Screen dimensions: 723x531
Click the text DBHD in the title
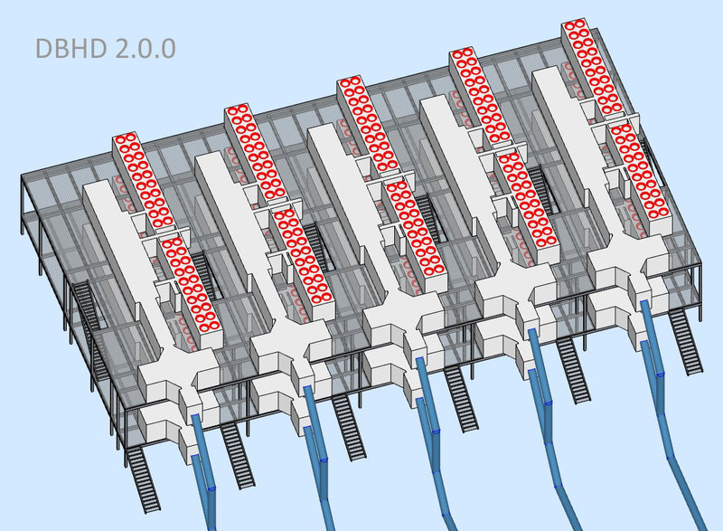pos(71,49)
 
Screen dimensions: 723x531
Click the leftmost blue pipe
pos(203,470)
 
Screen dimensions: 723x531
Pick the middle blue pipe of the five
pos(434,443)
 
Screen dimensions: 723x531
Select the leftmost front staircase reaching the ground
pos(143,479)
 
